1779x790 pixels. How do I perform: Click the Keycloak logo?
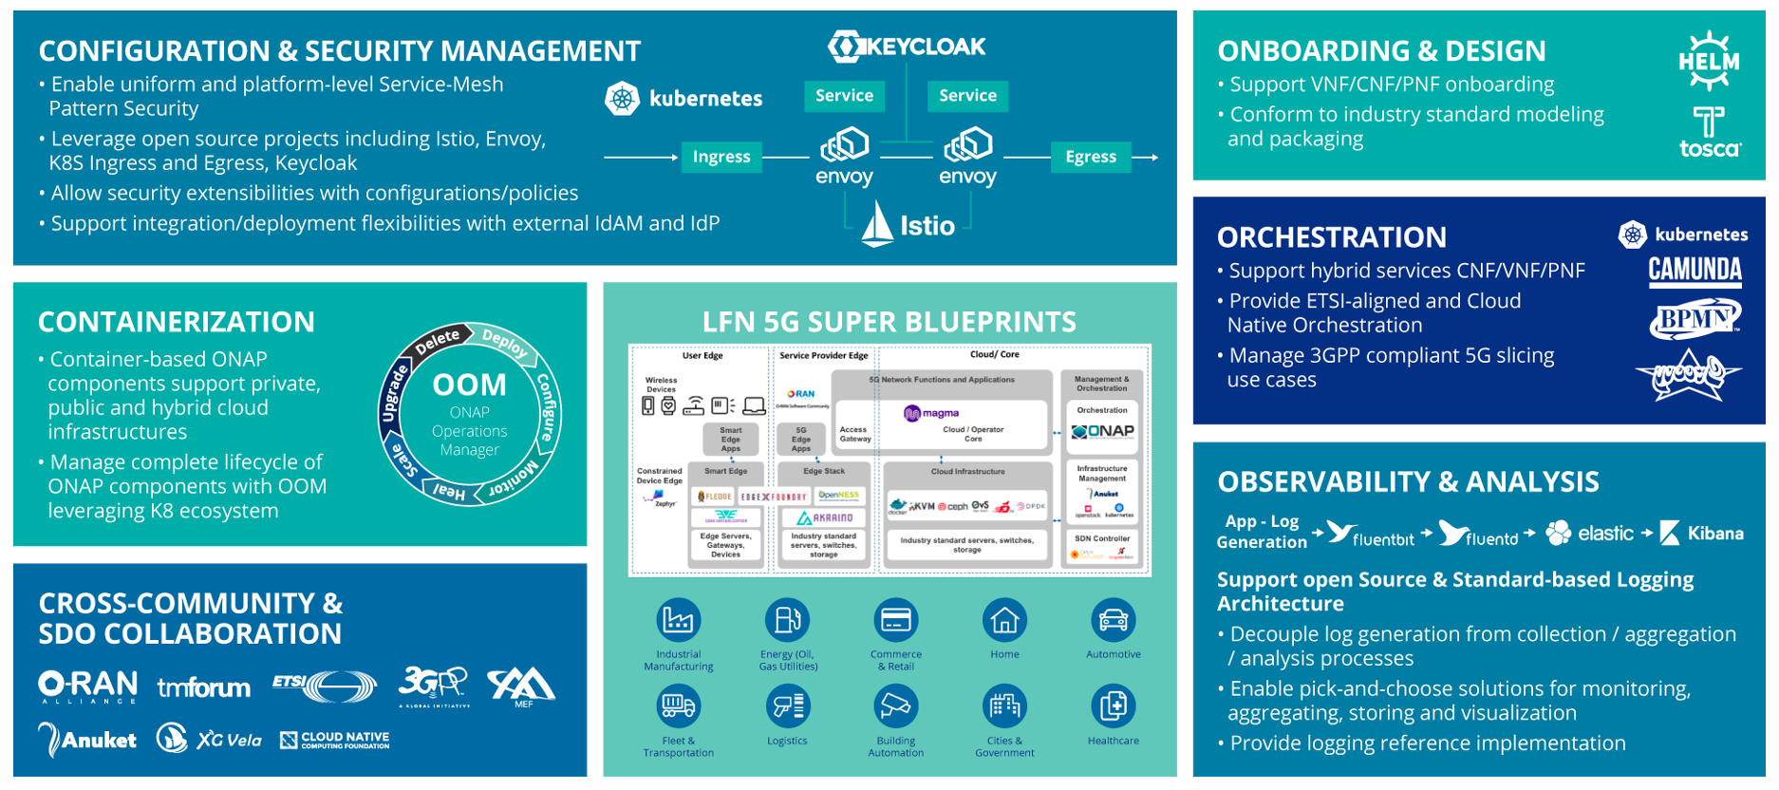click(907, 47)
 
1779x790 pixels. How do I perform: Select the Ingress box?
click(721, 157)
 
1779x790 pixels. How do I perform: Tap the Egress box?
click(1091, 157)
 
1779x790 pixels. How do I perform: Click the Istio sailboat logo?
click(878, 225)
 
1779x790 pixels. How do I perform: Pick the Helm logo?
click(1709, 61)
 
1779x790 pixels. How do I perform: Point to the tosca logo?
click(1710, 133)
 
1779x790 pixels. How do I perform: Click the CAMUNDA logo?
click(1695, 271)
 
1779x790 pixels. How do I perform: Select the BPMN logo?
click(1695, 319)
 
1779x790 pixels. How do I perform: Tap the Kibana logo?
click(1702, 534)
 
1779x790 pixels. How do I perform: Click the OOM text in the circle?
click(470, 385)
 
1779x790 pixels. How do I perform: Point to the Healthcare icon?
click(1114, 706)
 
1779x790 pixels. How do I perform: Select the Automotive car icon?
click(1114, 620)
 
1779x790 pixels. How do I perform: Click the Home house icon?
click(1004, 620)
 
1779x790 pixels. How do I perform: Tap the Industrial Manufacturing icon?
click(679, 620)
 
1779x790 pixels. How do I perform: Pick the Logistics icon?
click(787, 706)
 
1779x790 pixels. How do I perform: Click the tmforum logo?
click(204, 687)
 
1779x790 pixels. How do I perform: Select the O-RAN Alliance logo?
click(88, 686)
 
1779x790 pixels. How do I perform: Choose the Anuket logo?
click(87, 740)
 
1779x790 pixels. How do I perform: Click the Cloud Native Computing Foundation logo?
click(335, 740)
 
